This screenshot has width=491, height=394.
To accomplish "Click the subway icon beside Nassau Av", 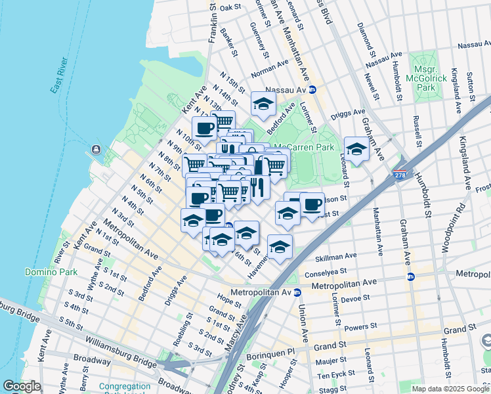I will click(x=312, y=89).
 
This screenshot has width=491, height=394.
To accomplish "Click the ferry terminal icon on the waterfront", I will click(x=97, y=150).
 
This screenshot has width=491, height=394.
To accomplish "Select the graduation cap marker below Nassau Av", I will click(x=263, y=104).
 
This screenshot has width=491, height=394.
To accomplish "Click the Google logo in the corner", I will click(x=21, y=386).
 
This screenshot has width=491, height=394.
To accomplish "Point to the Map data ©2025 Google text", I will click(x=450, y=389).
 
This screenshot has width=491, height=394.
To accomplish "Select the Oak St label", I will click(x=231, y=8).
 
